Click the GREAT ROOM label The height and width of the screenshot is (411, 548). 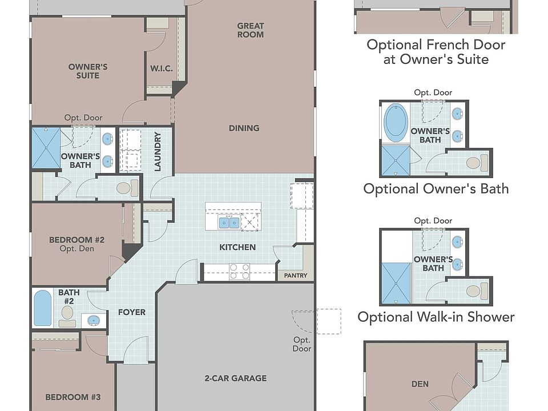[250, 30]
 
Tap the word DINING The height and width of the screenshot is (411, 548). [244, 128]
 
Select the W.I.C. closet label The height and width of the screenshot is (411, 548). [162, 68]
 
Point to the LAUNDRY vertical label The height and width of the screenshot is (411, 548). [158, 151]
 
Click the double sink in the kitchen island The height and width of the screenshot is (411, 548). [229, 223]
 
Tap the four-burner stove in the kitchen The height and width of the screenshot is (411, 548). [239, 272]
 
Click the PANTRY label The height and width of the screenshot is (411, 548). [296, 275]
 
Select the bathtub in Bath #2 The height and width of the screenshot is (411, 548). [43, 308]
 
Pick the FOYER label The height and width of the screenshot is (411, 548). [132, 312]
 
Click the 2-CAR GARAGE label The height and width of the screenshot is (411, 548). [236, 378]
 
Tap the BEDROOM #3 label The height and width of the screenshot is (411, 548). [73, 397]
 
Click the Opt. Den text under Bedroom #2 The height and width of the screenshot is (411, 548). [77, 249]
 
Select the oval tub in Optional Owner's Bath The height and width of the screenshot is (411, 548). [396, 122]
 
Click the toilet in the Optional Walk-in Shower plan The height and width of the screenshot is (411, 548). [477, 291]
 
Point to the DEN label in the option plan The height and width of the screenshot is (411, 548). [420, 384]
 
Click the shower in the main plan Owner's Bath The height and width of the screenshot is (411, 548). [46, 148]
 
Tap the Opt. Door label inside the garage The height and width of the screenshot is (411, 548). [302, 344]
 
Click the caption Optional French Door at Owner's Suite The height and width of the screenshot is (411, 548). [436, 52]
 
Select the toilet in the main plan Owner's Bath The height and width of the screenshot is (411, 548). [127, 188]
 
